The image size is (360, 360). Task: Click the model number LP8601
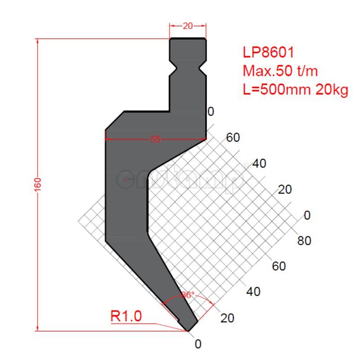268,52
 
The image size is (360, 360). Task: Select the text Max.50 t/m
280,71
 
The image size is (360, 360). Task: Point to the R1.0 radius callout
126,316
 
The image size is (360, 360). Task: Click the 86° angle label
188,295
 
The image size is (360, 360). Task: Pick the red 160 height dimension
37,184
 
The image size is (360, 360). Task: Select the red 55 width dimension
155,139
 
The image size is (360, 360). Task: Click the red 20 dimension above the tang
188,26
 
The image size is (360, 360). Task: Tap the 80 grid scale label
304,241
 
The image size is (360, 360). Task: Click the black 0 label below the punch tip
198,344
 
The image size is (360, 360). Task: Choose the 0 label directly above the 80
307,215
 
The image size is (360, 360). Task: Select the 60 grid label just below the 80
279,266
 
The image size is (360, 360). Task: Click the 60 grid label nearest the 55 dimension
233,138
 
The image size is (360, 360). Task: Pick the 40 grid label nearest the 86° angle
253,292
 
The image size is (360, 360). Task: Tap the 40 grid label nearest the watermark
259,164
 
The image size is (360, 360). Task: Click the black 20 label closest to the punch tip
227,318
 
